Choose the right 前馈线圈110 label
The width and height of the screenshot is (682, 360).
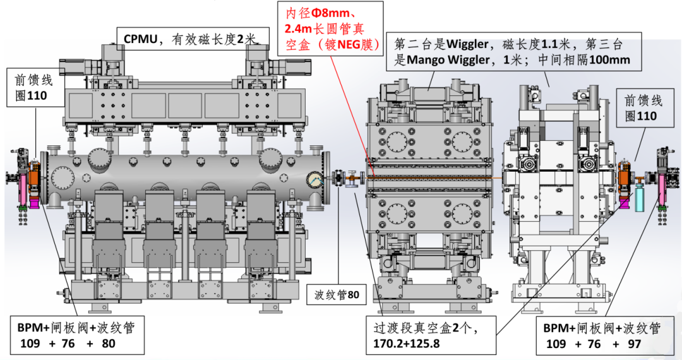[640, 108]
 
